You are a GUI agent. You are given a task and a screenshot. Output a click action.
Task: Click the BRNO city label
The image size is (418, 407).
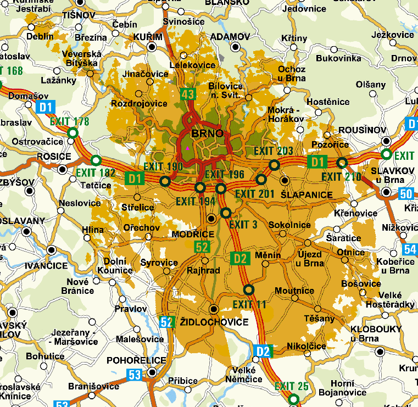[207, 133]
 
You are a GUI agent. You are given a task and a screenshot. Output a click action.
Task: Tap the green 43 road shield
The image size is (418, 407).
[188, 94]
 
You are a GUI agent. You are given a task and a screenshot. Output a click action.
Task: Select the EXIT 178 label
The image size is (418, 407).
[69, 121]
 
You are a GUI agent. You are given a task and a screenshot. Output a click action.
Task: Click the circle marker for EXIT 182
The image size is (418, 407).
[96, 160]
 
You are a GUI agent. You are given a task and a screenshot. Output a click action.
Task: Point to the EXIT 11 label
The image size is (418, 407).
[249, 304]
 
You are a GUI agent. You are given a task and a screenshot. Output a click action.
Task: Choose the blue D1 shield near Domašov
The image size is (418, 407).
[44, 107]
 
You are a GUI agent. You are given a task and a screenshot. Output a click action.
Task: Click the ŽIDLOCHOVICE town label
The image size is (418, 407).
[214, 322]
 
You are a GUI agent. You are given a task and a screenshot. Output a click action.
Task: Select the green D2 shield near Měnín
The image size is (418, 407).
[239, 258]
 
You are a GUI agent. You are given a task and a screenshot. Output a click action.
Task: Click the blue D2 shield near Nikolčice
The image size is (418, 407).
[263, 351]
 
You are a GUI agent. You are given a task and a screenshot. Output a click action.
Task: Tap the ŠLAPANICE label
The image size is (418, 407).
[306, 194]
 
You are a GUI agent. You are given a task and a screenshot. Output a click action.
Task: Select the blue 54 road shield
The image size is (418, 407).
[410, 249]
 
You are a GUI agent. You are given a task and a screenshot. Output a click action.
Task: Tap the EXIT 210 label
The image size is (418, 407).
[341, 176]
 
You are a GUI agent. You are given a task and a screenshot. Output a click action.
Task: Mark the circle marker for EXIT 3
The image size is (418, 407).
[226, 213]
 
